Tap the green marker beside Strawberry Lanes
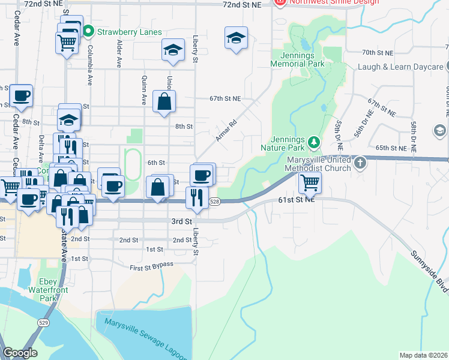pyautogui.click(x=88, y=30)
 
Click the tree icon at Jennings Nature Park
pyautogui.click(x=313, y=142)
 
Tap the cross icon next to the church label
pyautogui.click(x=360, y=163)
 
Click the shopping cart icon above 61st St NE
pyautogui.click(x=310, y=182)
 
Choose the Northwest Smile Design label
pyautogui.click(x=333, y=2)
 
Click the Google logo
pyautogui.click(x=19, y=353)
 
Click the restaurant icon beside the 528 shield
pyautogui.click(x=197, y=197)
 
